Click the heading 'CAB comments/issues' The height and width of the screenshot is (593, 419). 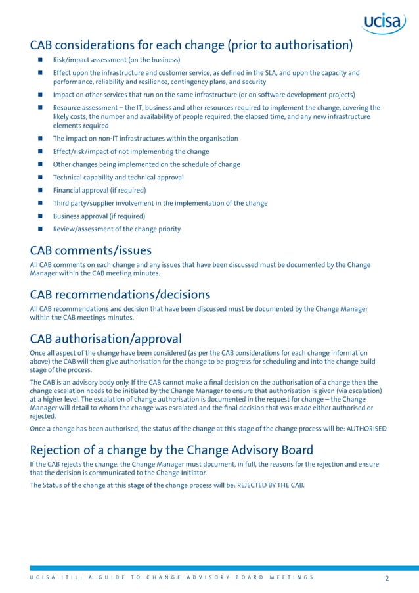pyautogui.click(x=91, y=250)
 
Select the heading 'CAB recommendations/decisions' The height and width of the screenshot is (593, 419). pyautogui.click(x=120, y=294)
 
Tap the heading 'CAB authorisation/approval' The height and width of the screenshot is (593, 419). pyautogui.click(x=106, y=339)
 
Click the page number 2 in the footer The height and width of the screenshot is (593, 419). pyautogui.click(x=387, y=578)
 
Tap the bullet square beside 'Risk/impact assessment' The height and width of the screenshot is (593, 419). pyautogui.click(x=39, y=60)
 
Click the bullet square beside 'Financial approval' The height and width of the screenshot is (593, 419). pyautogui.click(x=39, y=190)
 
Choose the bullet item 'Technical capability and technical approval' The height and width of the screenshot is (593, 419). pyautogui.click(x=118, y=177)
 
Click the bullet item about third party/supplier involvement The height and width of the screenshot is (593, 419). pyautogui.click(x=160, y=203)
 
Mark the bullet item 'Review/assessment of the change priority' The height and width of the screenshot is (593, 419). pyautogui.click(x=117, y=229)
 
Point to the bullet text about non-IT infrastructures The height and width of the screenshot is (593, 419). pyautogui.click(x=145, y=138)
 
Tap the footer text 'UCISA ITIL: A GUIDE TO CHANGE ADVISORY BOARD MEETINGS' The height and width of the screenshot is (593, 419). pyautogui.click(x=171, y=578)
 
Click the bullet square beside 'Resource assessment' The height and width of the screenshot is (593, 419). pyautogui.click(x=39, y=108)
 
